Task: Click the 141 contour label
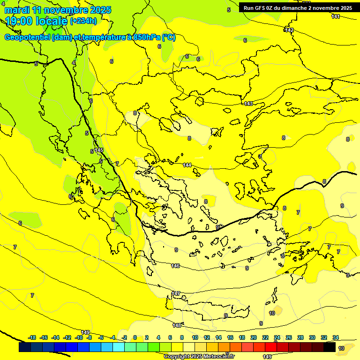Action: pyautogui.click(x=335, y=17)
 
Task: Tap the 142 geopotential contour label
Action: pyautogui.click(x=289, y=30)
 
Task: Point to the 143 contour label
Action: pyautogui.click(x=248, y=104)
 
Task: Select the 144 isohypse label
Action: pyautogui.click(x=187, y=165)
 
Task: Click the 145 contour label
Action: pyautogui.click(x=98, y=150)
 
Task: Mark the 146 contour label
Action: pyautogui.click(x=175, y=266)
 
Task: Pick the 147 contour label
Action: pyautogui.click(x=176, y=293)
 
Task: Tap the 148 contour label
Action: pyautogui.click(x=177, y=325)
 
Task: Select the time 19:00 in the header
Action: pyautogui.click(x=19, y=21)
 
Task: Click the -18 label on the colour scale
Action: pyautogui.click(x=32, y=337)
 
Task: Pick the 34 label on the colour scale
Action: pyautogui.click(x=336, y=337)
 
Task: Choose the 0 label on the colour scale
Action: pyautogui.click(x=135, y=337)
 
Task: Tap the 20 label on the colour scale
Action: pyautogui.click(x=253, y=337)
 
